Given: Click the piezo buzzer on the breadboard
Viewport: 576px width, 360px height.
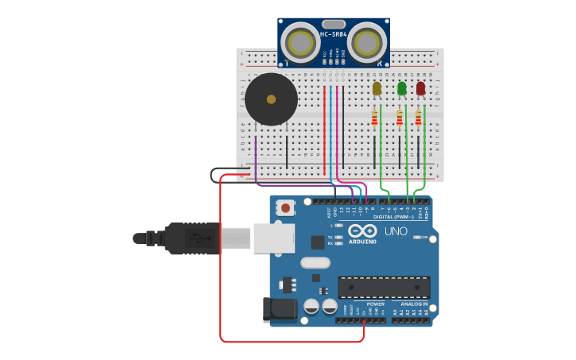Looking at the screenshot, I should pyautogui.click(x=271, y=99).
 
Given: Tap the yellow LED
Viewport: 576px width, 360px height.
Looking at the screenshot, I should pyautogui.click(x=377, y=88).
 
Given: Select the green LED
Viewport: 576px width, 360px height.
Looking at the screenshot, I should pyautogui.click(x=401, y=88).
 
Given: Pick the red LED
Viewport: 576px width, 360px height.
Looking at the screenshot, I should pyautogui.click(x=420, y=88).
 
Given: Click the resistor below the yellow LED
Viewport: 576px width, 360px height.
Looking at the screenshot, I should pyautogui.click(x=375, y=118).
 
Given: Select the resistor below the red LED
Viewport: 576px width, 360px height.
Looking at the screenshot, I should pyautogui.click(x=419, y=118).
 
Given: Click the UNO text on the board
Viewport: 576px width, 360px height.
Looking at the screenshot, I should pyautogui.click(x=396, y=231).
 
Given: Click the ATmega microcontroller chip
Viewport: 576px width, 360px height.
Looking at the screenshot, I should pyautogui.click(x=384, y=287).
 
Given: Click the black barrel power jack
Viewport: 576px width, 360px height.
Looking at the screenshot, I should pyautogui.click(x=279, y=309).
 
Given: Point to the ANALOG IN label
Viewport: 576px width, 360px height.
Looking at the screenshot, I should pyautogui.click(x=413, y=304).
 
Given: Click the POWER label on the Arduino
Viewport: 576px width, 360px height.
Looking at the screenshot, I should pyautogui.click(x=375, y=304).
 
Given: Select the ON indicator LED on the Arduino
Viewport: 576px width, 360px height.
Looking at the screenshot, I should pyautogui.click(x=417, y=238).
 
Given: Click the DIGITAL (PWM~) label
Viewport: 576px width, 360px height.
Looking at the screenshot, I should pyautogui.click(x=394, y=217).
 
